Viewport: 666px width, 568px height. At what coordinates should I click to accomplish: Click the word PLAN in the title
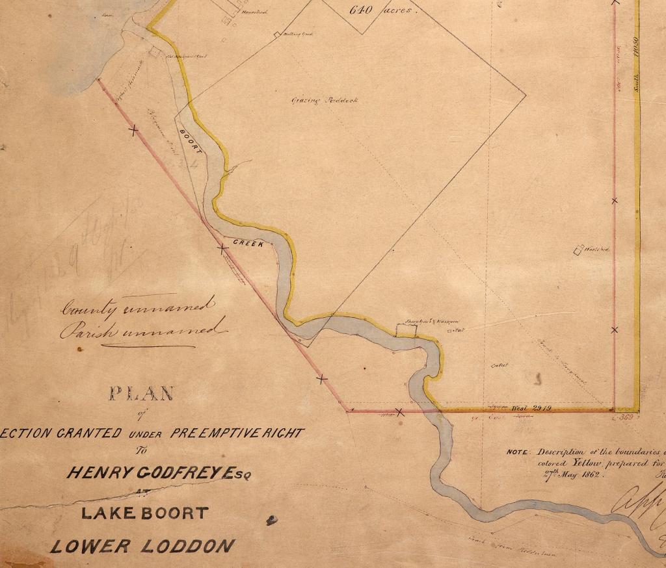click(141, 393)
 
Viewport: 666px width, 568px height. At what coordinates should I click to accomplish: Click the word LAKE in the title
click(104, 513)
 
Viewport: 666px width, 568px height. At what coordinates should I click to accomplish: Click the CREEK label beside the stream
click(247, 244)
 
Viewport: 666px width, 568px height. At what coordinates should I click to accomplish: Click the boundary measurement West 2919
click(532, 407)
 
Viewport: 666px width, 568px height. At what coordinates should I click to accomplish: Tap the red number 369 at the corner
click(626, 417)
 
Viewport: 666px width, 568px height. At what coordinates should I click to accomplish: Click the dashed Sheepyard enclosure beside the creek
click(406, 330)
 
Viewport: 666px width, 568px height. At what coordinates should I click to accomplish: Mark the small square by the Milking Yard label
click(277, 35)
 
